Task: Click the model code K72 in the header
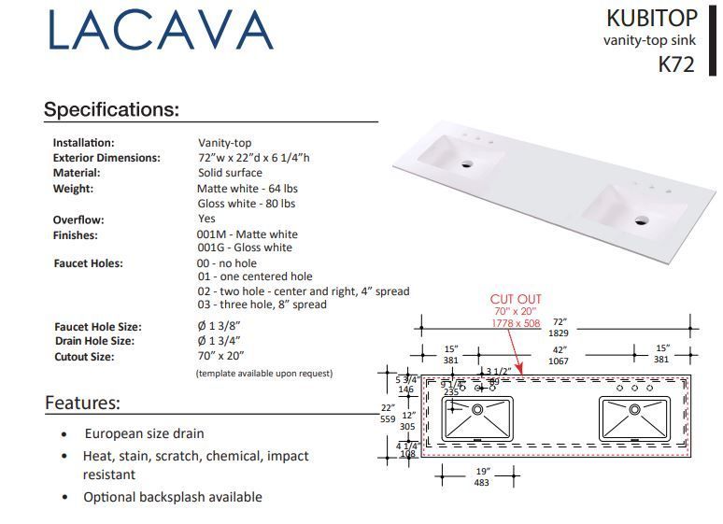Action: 676,64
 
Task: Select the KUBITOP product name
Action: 651,18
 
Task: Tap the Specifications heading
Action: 111,109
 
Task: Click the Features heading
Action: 82,404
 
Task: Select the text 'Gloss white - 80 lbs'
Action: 246,203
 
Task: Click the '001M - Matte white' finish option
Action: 248,234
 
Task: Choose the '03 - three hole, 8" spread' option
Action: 262,304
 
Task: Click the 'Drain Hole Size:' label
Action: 93,341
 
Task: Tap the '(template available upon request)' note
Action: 263,373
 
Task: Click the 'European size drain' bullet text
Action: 144,434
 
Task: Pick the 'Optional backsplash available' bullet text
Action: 172,497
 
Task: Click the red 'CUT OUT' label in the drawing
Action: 516,300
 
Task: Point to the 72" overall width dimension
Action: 559,327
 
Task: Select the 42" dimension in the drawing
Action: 558,355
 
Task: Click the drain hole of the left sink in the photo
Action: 467,163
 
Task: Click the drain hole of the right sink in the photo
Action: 641,221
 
